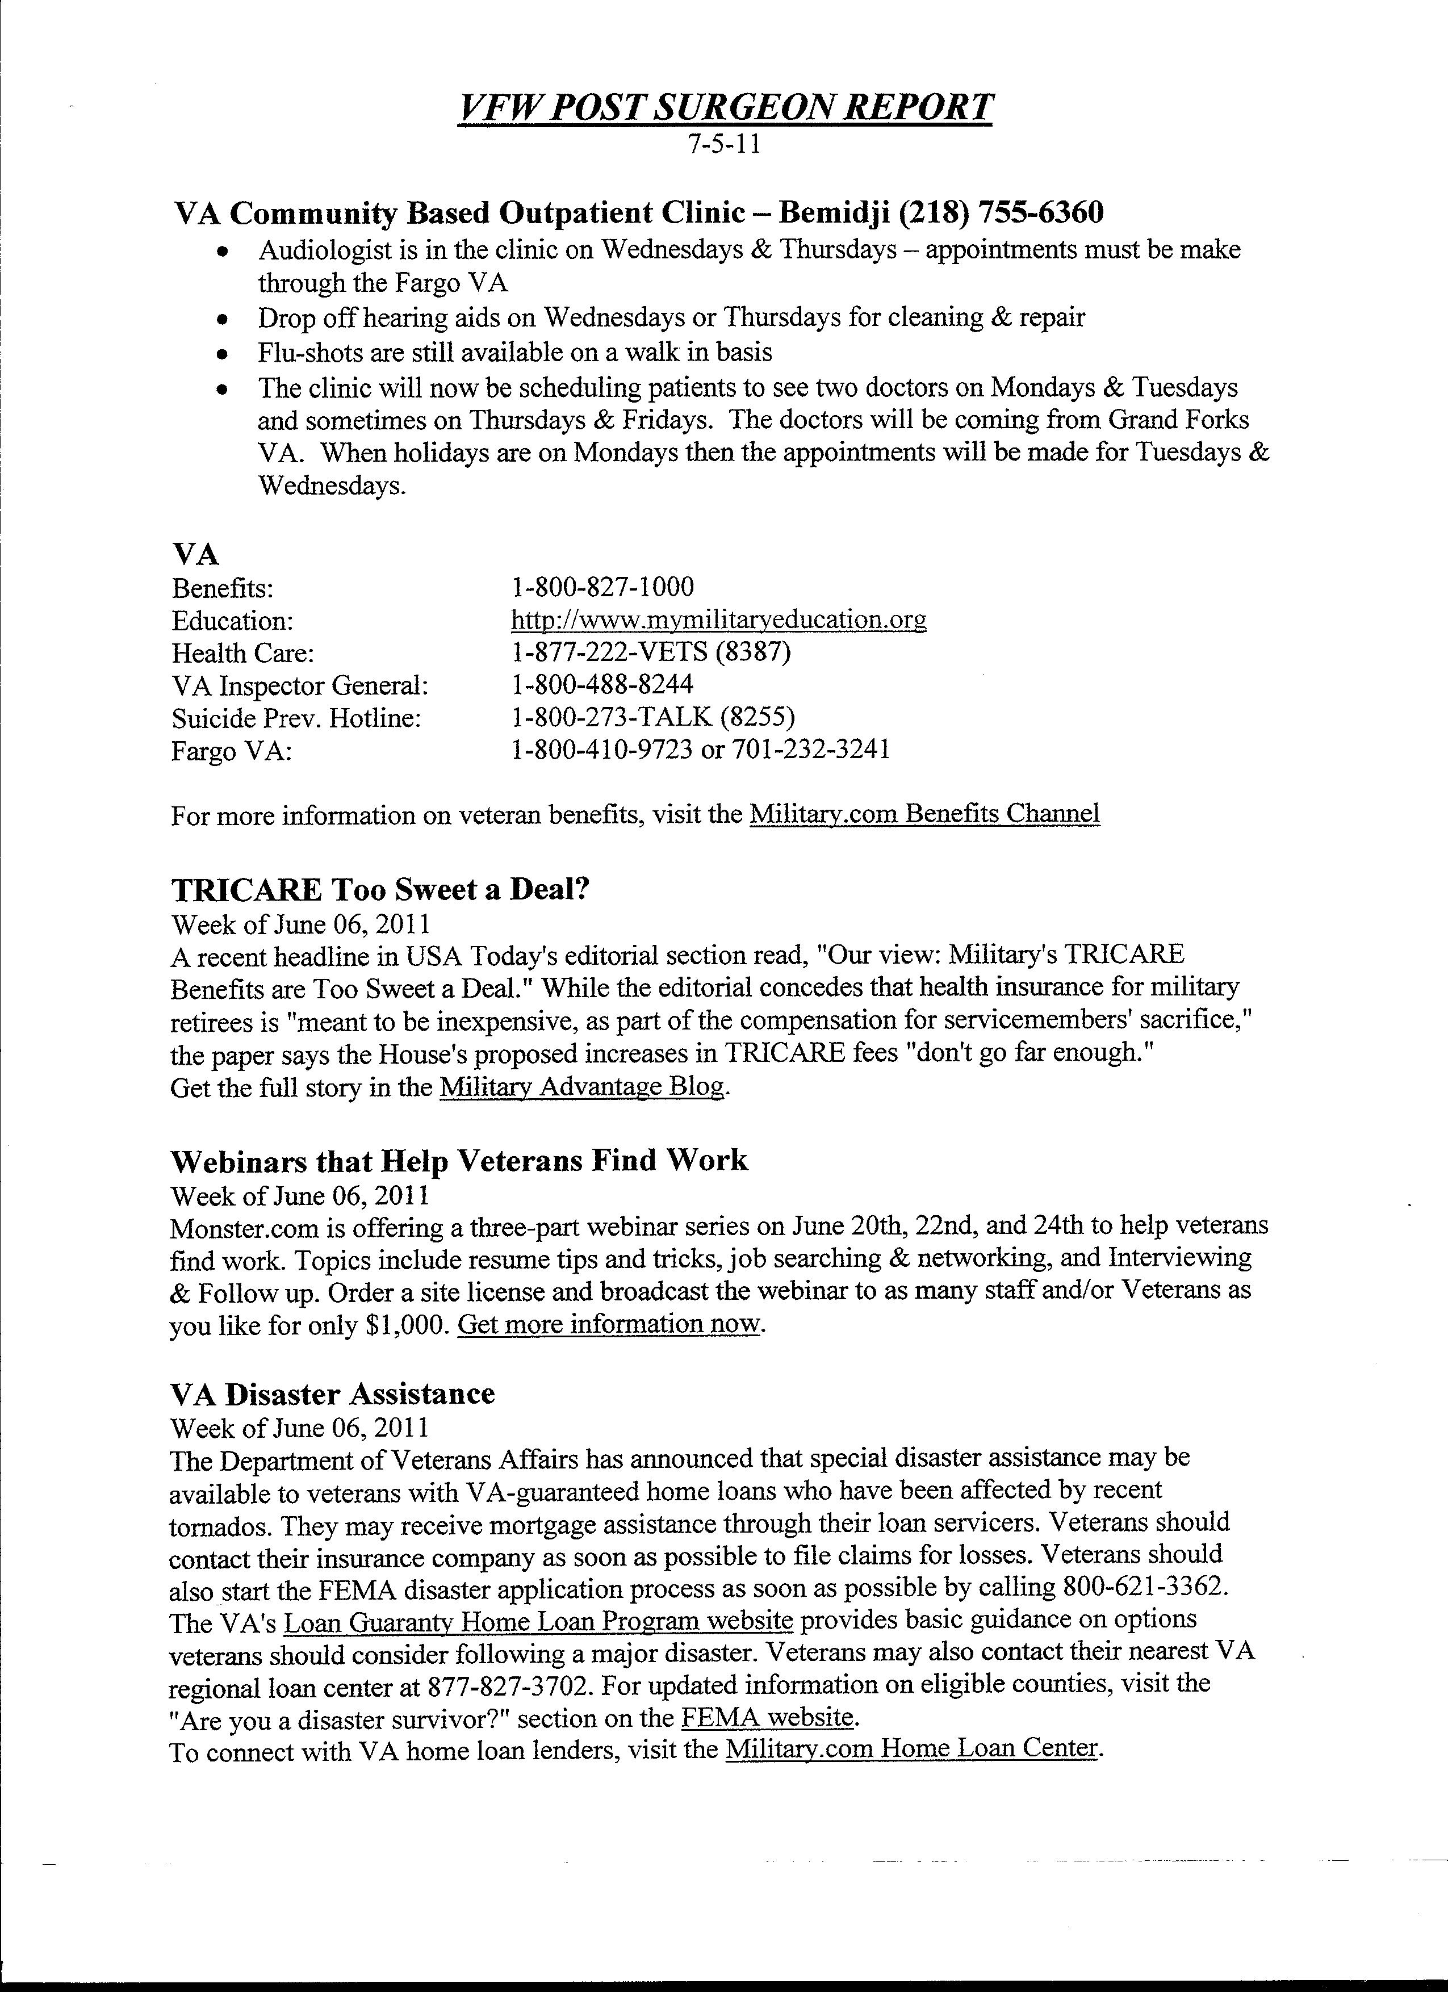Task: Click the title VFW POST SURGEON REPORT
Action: tap(725, 108)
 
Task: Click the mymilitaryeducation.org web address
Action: tap(718, 620)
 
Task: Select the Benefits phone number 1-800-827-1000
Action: tap(602, 587)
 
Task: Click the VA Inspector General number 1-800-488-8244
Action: tap(602, 685)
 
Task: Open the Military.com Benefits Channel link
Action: tap(924, 814)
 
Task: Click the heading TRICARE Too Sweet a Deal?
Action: tap(379, 890)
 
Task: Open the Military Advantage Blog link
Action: tap(582, 1087)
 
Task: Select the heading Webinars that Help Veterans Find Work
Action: tap(458, 1161)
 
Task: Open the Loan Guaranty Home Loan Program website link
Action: tap(539, 1621)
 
